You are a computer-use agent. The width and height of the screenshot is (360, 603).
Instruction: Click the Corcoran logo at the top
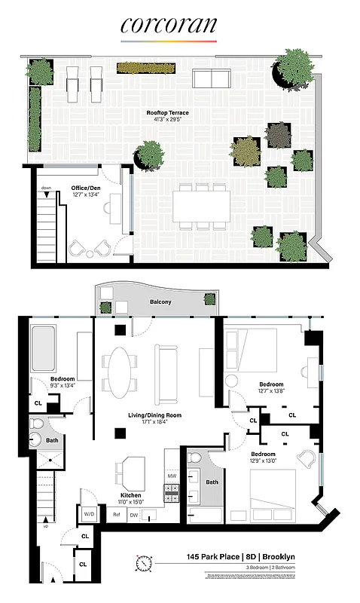pyautogui.click(x=169, y=26)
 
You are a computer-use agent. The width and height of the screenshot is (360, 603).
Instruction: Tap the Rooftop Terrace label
pyautogui.click(x=167, y=113)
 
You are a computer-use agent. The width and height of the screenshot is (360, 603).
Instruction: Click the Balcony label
pyautogui.click(x=159, y=302)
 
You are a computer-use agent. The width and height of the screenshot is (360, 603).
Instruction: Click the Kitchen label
pyautogui.click(x=132, y=495)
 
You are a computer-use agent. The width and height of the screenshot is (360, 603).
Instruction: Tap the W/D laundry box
pyautogui.click(x=88, y=514)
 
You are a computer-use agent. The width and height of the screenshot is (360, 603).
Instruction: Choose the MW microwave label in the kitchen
pyautogui.click(x=172, y=476)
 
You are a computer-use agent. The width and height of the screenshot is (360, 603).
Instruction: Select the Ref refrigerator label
pyautogui.click(x=117, y=515)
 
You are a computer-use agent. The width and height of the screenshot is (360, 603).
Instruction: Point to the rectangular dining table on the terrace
pyautogui.click(x=201, y=205)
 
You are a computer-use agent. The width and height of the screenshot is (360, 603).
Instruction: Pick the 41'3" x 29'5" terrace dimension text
pyautogui.click(x=167, y=120)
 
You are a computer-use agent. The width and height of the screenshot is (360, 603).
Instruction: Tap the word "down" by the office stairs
pyautogui.click(x=46, y=188)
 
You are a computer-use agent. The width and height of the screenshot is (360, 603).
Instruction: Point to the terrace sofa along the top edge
pyautogui.click(x=212, y=78)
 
